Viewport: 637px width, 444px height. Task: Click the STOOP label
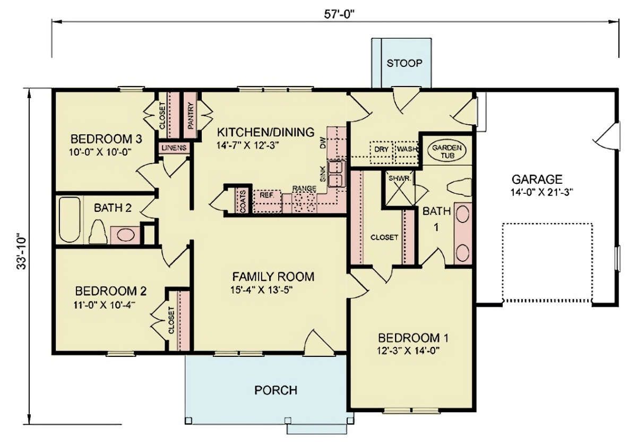pyautogui.click(x=404, y=63)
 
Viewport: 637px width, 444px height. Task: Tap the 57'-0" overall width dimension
pyautogui.click(x=339, y=14)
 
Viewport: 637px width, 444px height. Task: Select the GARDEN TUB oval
pyautogui.click(x=447, y=151)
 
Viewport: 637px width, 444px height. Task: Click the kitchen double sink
pyautogui.click(x=337, y=173)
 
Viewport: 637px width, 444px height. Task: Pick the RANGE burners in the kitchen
pyautogui.click(x=304, y=202)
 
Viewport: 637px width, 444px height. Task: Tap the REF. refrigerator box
pyautogui.click(x=266, y=201)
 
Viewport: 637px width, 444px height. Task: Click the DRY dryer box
pyautogui.click(x=381, y=153)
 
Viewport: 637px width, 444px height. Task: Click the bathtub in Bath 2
pyautogui.click(x=70, y=219)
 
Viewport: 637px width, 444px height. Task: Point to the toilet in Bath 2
pyautogui.click(x=98, y=232)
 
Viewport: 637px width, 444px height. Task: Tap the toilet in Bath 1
pyautogui.click(x=459, y=187)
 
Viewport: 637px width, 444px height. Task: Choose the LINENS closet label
pyautogui.click(x=174, y=148)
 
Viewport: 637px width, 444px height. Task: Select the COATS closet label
pyautogui.click(x=243, y=201)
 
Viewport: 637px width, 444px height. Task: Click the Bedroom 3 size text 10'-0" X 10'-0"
pyautogui.click(x=100, y=152)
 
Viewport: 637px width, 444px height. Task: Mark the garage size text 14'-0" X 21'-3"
pyautogui.click(x=541, y=193)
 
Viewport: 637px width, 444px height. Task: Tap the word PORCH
pyautogui.click(x=276, y=390)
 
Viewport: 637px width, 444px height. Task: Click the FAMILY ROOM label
pyautogui.click(x=273, y=277)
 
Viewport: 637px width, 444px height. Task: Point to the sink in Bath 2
pyautogui.click(x=126, y=235)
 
